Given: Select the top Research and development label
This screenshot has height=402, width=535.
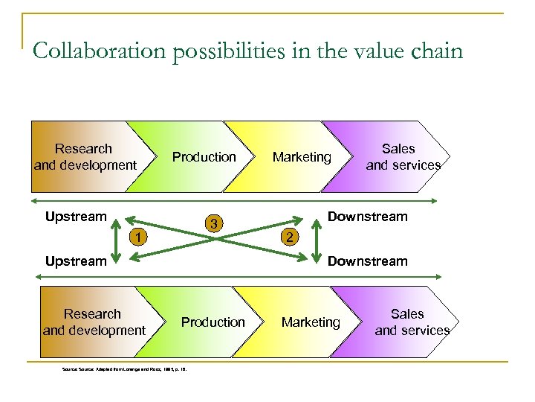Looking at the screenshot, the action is pos(85,157).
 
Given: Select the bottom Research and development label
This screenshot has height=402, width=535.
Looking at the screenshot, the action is pos(94,322).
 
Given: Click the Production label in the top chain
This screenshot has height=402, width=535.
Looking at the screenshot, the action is pos(204,157).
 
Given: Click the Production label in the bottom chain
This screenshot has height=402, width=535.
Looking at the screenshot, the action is pos(213,322).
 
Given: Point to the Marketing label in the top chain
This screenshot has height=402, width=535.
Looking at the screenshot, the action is pos(302,157).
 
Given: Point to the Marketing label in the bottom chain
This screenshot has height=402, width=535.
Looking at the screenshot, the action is pos(311,322).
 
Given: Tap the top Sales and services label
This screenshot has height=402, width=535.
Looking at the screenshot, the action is pos(402,157).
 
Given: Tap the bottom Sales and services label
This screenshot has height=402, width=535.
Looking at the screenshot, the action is pos(411,322).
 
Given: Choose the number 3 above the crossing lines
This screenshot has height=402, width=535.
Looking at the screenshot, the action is pos(213,223).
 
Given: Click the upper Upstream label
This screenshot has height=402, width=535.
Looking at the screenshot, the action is pos(76,217).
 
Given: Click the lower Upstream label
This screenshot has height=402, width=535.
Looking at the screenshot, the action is pos(76,261).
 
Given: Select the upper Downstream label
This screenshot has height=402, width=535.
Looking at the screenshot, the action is pos(368,217).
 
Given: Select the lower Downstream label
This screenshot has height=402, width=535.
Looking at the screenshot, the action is pos(368,261).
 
